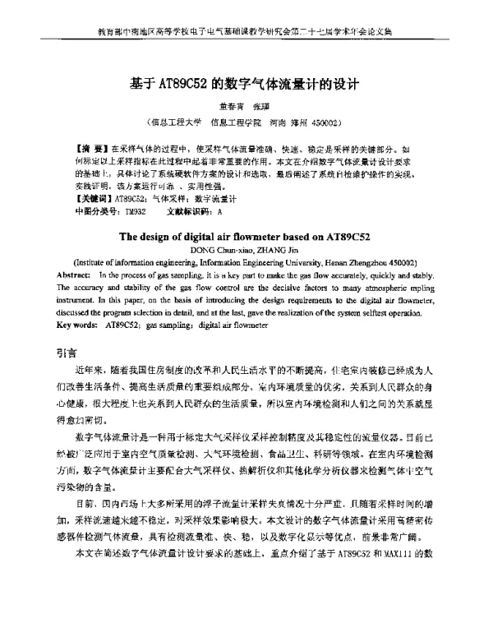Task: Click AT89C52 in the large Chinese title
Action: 182,83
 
